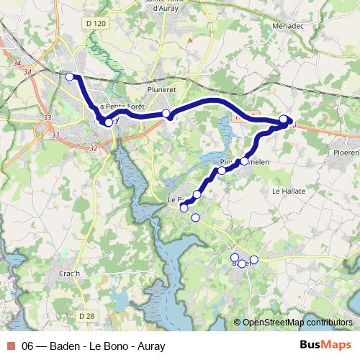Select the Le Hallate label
[x=289, y=191]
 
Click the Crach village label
[x=69, y=274]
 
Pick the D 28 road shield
[x=86, y=316]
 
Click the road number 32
[x=94, y=148]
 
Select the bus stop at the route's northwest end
[x=70, y=77]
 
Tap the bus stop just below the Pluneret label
[x=166, y=114]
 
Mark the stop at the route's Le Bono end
[x=184, y=208]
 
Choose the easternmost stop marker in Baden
[x=253, y=259]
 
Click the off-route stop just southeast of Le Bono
[x=195, y=217]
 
